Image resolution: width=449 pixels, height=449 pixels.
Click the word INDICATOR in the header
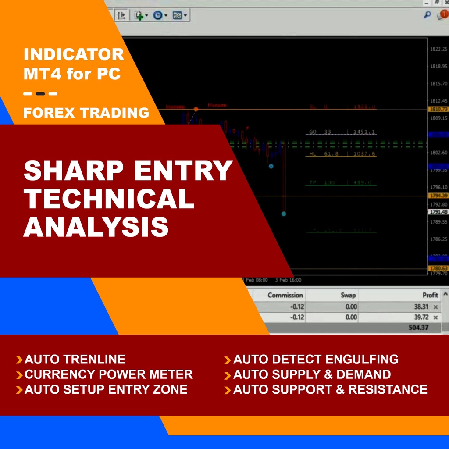coord(74,55)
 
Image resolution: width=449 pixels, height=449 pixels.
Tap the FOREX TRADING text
coord(86,113)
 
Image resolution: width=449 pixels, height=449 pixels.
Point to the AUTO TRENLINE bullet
coord(75,360)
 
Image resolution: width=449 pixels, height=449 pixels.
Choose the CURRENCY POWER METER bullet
coord(108,374)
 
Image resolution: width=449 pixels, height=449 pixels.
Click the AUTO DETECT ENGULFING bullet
coord(316,360)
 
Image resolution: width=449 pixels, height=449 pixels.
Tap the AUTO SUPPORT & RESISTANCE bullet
coord(330,389)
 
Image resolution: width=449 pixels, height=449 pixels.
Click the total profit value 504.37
coord(418,327)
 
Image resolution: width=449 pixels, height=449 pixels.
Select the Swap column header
coord(348,295)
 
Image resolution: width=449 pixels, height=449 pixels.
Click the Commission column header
coord(285,295)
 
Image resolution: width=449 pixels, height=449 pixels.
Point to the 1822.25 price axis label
coord(438,49)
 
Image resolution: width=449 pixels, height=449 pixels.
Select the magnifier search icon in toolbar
coord(427,15)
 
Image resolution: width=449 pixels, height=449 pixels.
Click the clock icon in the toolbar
coord(157,15)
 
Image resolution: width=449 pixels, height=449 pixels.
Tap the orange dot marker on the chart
coord(196,109)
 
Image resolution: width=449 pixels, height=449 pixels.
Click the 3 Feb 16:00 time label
coord(288,280)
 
